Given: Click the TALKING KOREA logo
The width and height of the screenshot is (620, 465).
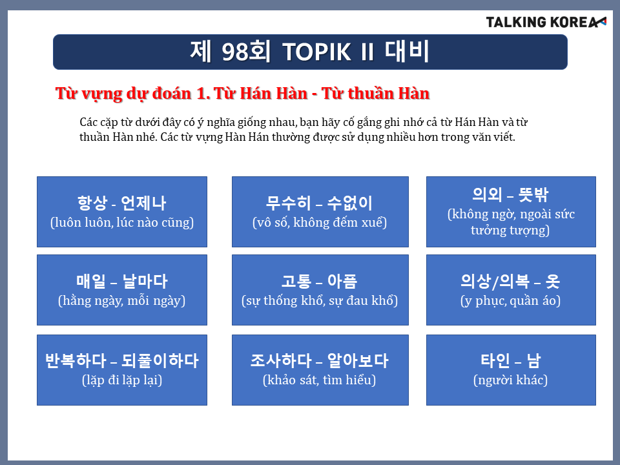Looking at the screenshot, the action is [546, 22].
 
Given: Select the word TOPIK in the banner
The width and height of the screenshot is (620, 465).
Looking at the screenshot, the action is [316, 52].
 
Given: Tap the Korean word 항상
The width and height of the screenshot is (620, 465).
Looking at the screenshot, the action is [92, 203].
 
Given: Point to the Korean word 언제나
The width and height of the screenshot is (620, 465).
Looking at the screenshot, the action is [143, 203].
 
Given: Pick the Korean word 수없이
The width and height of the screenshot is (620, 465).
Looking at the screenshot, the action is [350, 203].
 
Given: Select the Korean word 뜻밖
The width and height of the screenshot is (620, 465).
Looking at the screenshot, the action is [533, 194].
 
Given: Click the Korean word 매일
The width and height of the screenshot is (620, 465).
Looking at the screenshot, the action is [91, 281].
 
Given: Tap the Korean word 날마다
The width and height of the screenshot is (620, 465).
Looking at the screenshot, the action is [145, 281].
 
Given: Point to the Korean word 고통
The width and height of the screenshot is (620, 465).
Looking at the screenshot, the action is [296, 281].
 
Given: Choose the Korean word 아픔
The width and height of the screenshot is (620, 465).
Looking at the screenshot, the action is [342, 281].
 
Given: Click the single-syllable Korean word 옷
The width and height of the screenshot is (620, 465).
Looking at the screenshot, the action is [553, 281].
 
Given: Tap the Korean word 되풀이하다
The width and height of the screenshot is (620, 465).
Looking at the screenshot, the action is [160, 360].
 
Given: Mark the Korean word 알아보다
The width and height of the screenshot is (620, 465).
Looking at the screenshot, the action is [358, 360].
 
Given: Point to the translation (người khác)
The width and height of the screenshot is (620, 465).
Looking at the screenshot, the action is [510, 380].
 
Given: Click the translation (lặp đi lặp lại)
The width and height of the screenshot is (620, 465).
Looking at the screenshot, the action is [122, 380].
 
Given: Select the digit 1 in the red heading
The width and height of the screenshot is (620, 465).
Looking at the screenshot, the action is [201, 94].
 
